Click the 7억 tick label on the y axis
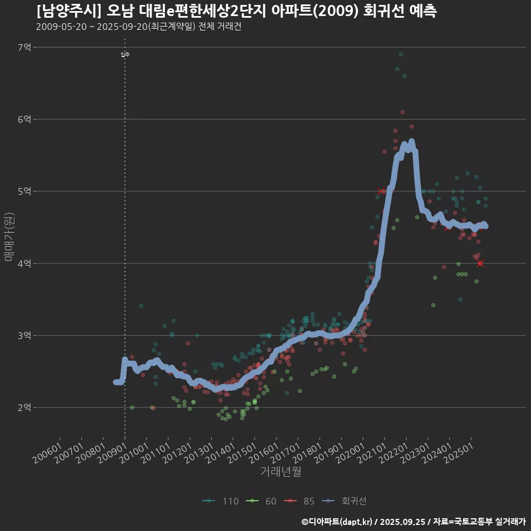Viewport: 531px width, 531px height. coord(24,48)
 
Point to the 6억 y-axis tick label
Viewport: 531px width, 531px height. coord(24,119)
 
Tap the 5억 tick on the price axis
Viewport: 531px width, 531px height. coord(24,191)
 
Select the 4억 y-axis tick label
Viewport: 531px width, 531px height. coord(24,263)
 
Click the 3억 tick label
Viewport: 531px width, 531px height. coord(24,335)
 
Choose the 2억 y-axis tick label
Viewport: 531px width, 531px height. coord(24,408)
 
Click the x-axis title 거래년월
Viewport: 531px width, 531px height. coord(280,472)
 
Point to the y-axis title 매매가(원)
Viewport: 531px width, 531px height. coord(9,237)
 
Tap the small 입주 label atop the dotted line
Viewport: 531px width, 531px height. coord(125,54)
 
